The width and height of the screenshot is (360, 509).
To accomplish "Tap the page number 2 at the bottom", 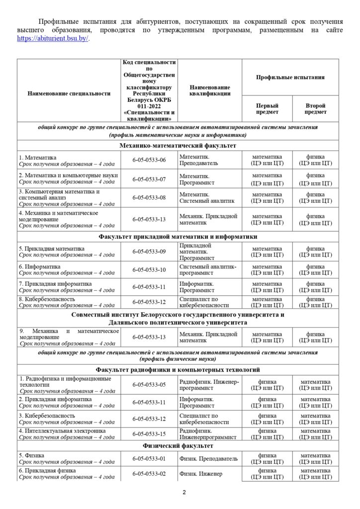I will [x=183, y=493].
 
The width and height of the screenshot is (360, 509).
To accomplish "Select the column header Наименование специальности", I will [x=69, y=93].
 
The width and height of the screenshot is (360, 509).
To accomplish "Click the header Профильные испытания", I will [x=290, y=78].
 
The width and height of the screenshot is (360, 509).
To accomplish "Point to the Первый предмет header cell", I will [x=267, y=109].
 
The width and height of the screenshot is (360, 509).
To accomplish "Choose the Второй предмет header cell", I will [x=315, y=109].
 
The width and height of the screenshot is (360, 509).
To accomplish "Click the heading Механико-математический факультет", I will [x=178, y=146].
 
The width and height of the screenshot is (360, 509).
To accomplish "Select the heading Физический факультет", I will [x=178, y=446].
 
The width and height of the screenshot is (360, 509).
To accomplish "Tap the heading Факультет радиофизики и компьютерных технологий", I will [x=178, y=369].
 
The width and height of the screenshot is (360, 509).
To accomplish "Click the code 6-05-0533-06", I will [x=149, y=160].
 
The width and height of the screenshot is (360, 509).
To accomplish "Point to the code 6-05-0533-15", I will [x=149, y=434].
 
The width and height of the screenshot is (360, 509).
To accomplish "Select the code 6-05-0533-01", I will [x=149, y=458].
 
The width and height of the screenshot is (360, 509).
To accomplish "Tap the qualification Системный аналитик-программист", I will [x=208, y=269].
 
